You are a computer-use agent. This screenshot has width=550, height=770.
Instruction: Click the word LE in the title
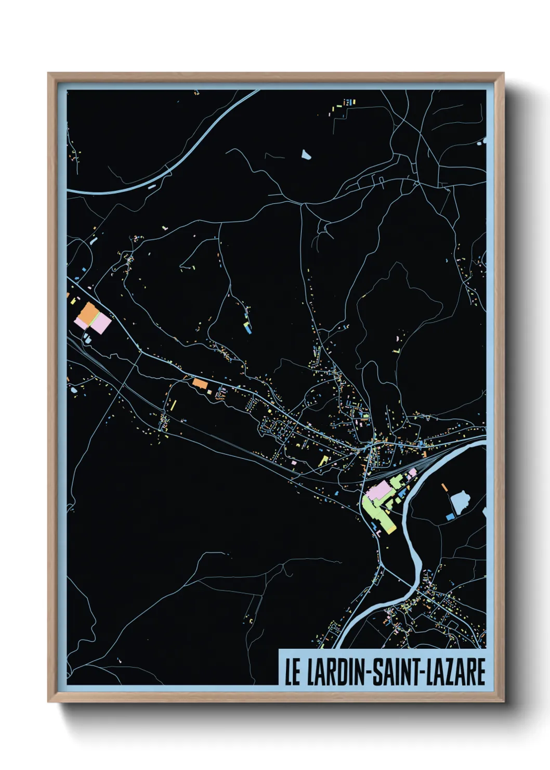click(x=292, y=672)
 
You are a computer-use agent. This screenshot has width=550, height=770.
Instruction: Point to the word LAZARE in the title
click(x=456, y=672)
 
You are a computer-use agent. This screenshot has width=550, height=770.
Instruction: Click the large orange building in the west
click(x=88, y=313)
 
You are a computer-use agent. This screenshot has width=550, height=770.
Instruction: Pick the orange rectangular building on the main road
click(x=200, y=384)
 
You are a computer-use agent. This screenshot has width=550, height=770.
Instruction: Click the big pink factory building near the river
click(x=380, y=490)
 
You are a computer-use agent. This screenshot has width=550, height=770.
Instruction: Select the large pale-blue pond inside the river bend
click(x=460, y=502)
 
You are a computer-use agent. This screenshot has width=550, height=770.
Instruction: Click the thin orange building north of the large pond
click(x=444, y=488)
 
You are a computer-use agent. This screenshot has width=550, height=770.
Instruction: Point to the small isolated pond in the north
click(x=305, y=154)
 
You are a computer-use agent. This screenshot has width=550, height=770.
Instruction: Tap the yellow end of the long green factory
click(x=390, y=530)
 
